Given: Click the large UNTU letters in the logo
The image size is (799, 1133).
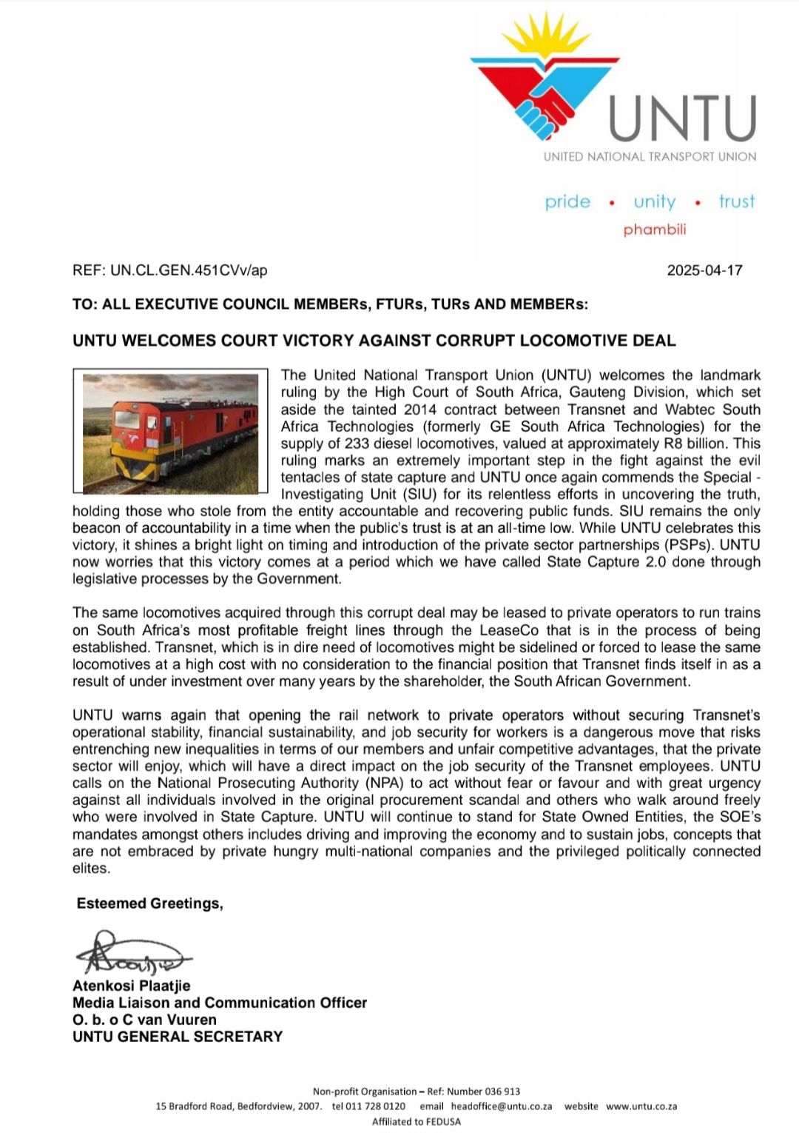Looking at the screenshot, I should pos(682,118).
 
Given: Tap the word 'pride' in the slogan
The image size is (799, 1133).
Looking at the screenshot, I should pos(567,201).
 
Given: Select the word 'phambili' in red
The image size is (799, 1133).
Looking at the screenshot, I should pos(655,230).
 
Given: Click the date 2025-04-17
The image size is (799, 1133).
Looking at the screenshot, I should pos(704,270).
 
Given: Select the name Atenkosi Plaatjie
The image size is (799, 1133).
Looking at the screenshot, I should pos(132,986).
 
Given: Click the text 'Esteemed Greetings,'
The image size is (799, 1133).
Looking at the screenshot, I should pos(150,903).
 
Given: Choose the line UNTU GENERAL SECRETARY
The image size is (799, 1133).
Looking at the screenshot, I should pos(178,1037).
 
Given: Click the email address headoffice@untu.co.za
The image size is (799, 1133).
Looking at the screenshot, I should pos(502,1106).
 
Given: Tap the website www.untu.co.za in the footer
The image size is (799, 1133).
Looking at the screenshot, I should pos(641,1106).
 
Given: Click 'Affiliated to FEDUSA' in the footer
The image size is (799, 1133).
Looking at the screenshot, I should pos(416,1121).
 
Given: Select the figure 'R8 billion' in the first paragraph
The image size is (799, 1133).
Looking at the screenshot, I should pos(697,444).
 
